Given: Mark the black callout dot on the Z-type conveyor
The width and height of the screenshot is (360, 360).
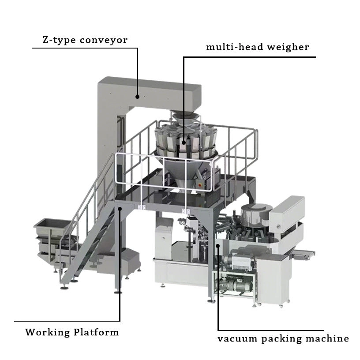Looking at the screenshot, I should tap(137, 96).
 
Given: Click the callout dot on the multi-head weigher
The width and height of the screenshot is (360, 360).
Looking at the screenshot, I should tap(183, 142).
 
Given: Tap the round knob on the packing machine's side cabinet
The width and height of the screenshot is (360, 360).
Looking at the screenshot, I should tap(278, 227).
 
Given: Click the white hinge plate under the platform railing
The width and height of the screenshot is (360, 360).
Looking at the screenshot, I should tap(142, 206).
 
